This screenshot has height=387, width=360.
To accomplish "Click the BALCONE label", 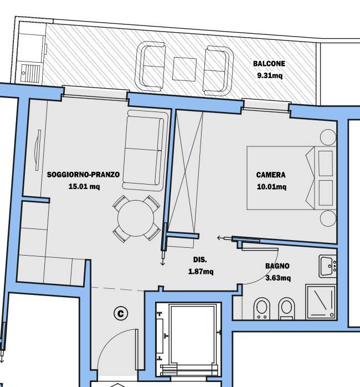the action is point(269,64).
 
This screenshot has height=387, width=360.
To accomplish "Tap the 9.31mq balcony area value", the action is point(270,75).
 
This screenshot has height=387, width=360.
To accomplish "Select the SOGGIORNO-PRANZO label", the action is point(83,175).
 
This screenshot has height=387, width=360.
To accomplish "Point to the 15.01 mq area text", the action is point(84,186).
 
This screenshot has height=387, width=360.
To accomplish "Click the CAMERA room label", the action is point(271,175).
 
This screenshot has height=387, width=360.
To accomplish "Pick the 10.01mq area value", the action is point(271,187).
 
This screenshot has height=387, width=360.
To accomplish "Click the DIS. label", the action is point(200,259).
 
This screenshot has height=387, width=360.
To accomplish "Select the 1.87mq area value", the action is point(201,272).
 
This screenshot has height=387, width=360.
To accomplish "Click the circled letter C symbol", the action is point(121,313).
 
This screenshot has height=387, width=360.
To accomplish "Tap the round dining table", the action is point(136,218).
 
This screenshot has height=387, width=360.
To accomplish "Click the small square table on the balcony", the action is point(184,69).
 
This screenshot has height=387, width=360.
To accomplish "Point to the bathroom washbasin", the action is point(328,266).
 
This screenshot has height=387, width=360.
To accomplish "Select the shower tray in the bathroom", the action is point(321,302).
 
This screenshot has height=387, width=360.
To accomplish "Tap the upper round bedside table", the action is point(328,138).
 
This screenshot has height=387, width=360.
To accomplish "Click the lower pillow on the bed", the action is point(326,193).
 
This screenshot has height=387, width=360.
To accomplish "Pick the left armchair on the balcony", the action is point(150,66).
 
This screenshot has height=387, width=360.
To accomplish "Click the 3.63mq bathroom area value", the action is point(278,278).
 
